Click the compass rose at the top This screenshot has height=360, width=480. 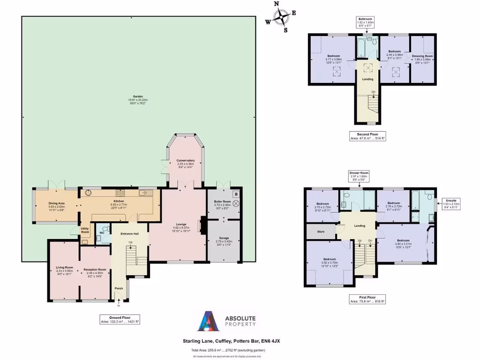[281, 17]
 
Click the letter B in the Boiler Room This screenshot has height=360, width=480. [236, 194]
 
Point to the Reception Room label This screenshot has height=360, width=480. [95, 272]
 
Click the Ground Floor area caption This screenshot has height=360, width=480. [120, 320]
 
